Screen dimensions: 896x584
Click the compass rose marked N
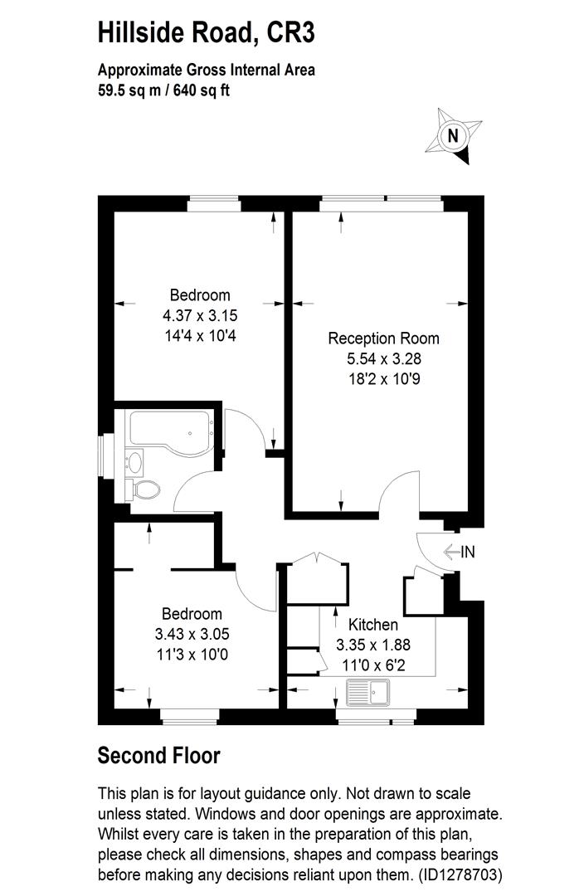coord(453,135)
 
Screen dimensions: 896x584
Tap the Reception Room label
coord(383,338)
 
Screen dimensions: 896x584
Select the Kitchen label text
coord(373,625)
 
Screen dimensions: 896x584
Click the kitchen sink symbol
coord(368,690)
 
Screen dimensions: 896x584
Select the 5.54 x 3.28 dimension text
coord(383,359)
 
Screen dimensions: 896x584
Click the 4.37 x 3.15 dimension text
coord(200,315)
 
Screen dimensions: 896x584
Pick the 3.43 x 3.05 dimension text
coord(192,634)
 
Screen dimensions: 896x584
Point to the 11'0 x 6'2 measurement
coord(373,665)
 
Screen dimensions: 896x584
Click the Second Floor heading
coord(158,756)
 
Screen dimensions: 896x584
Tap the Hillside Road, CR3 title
coord(206,34)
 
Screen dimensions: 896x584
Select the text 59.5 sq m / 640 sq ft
coord(163,90)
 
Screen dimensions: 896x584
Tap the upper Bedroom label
coord(200,295)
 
